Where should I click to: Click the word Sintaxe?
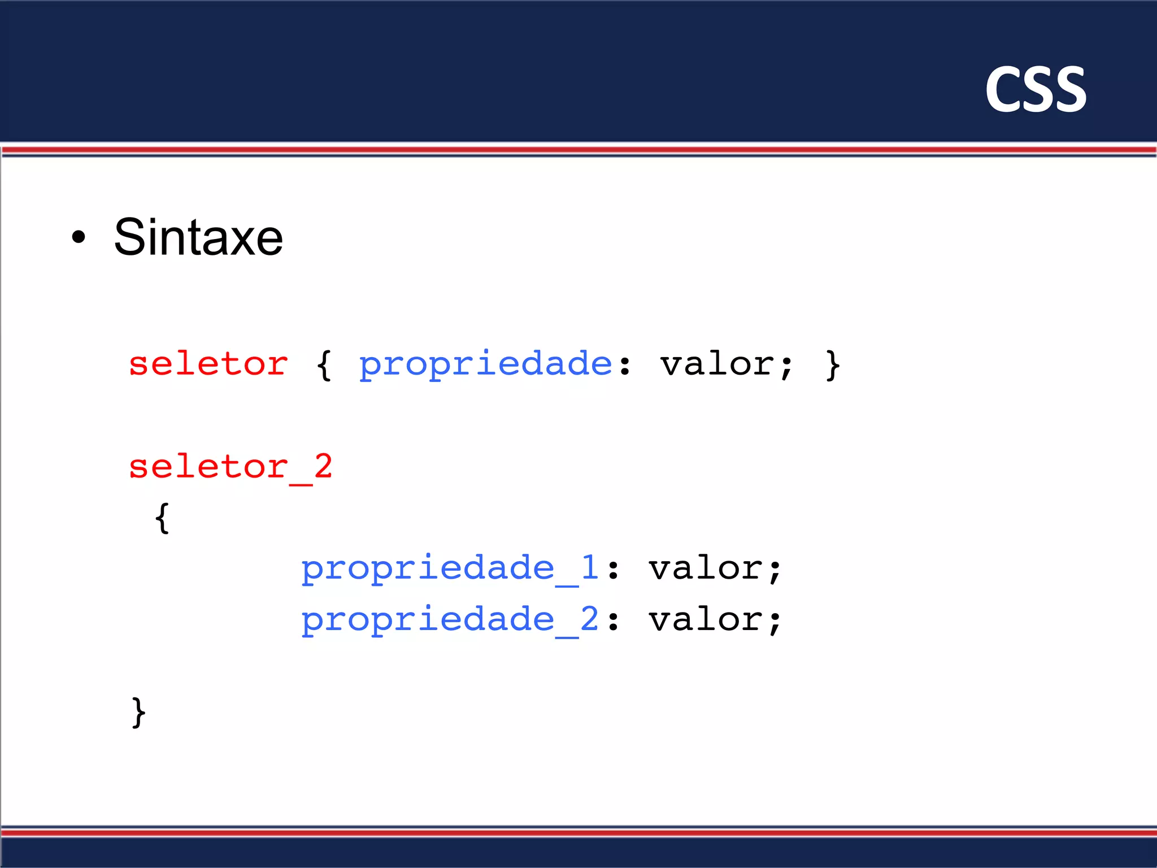tap(198, 237)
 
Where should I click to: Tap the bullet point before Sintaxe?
tap(79, 237)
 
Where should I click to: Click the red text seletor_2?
tap(230, 467)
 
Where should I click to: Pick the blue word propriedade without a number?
tap(485, 364)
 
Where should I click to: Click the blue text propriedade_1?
tap(449, 568)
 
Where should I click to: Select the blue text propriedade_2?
tap(449, 620)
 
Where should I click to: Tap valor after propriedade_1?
tap(706, 568)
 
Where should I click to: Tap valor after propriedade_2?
tap(706, 619)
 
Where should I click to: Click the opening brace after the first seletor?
tap(324, 365)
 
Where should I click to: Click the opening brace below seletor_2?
tap(162, 518)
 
